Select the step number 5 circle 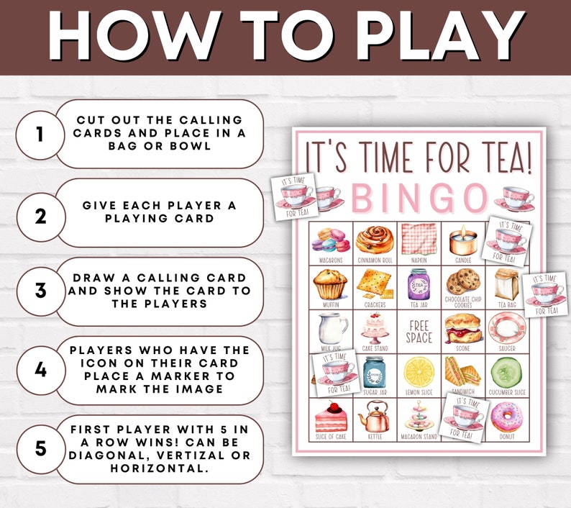click(40, 448)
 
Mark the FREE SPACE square click(419, 332)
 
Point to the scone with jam click(462, 327)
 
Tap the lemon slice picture click(419, 371)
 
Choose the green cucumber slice click(506, 371)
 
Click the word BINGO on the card click(419, 196)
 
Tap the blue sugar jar click(375, 371)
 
